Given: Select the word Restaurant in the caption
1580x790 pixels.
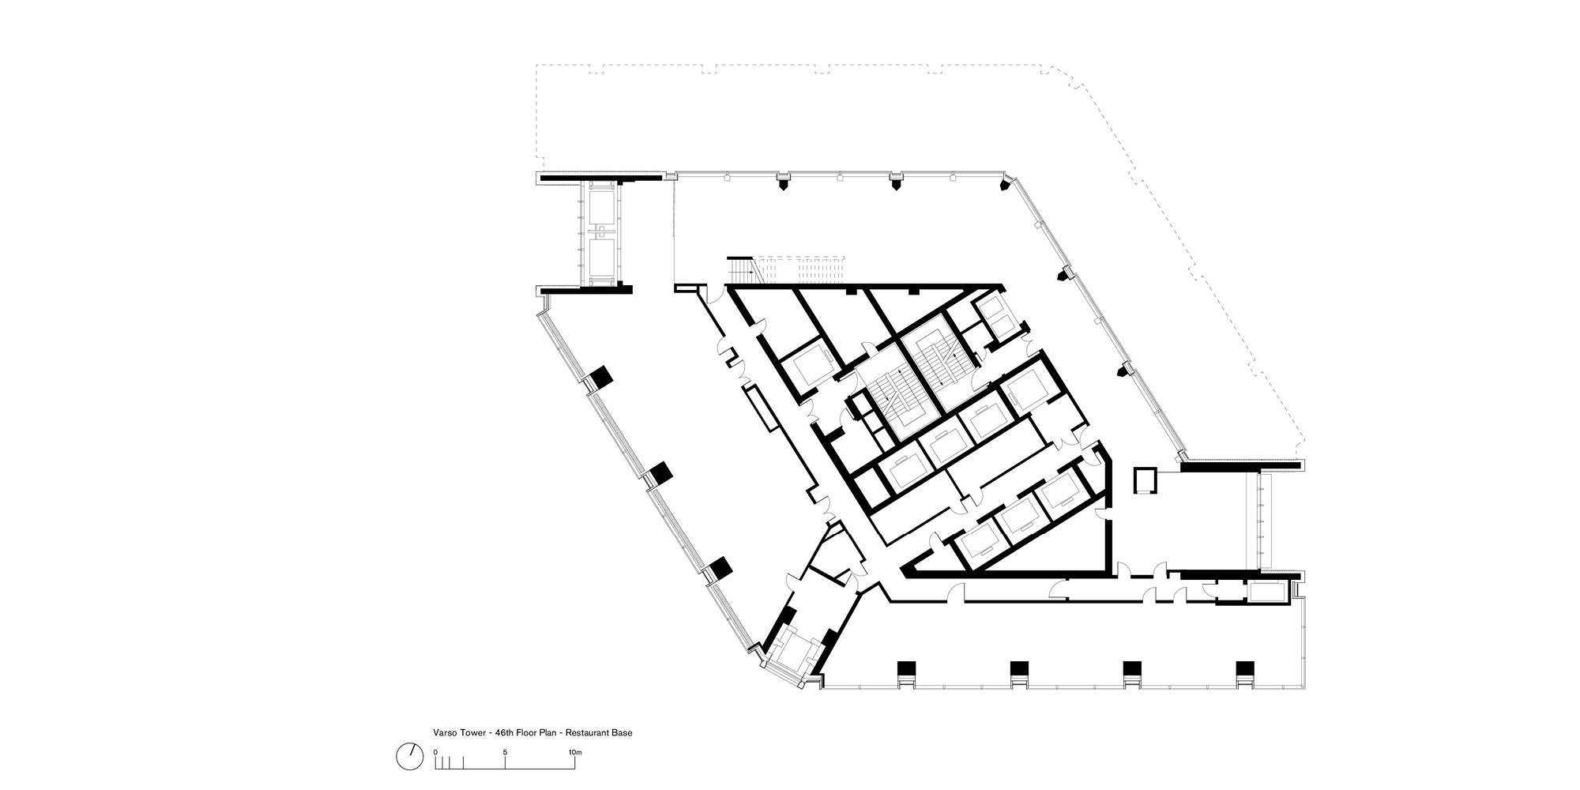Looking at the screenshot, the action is (x=587, y=732).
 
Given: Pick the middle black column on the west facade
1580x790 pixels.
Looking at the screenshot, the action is (x=659, y=473).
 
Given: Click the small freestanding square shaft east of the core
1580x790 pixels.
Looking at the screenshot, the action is (x=1144, y=480).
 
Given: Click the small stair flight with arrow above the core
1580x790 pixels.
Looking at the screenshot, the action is (x=743, y=269).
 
